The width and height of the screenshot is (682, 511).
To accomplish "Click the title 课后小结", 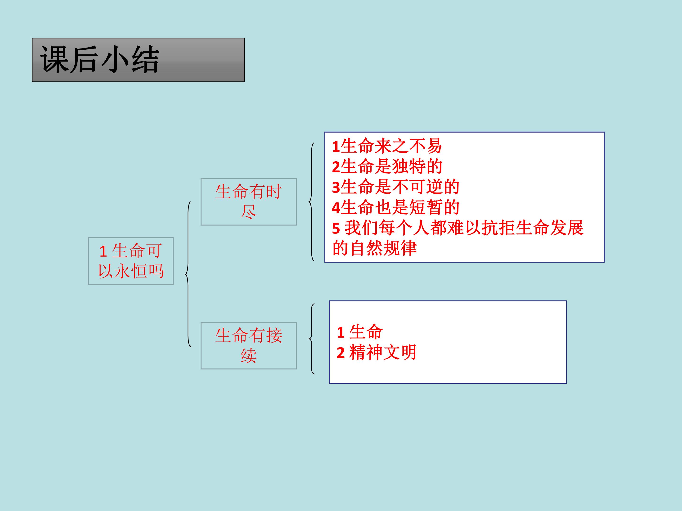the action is point(99,59).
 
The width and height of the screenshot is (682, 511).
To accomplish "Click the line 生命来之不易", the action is point(387,146).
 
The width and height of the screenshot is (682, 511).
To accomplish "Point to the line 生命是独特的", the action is point(387,167).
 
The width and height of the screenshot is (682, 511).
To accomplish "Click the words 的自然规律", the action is point(375,248).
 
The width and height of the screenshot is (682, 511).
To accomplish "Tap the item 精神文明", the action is point(383,352).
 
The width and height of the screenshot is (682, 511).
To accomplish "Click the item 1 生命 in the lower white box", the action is point(359,332).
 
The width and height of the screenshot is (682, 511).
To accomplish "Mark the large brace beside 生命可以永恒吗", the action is point(188,274).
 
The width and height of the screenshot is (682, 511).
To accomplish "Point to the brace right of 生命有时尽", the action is point(311,202).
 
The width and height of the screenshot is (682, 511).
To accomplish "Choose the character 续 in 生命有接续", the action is point(248,356).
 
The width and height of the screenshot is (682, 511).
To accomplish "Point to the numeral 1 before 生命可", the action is point(103,251).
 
